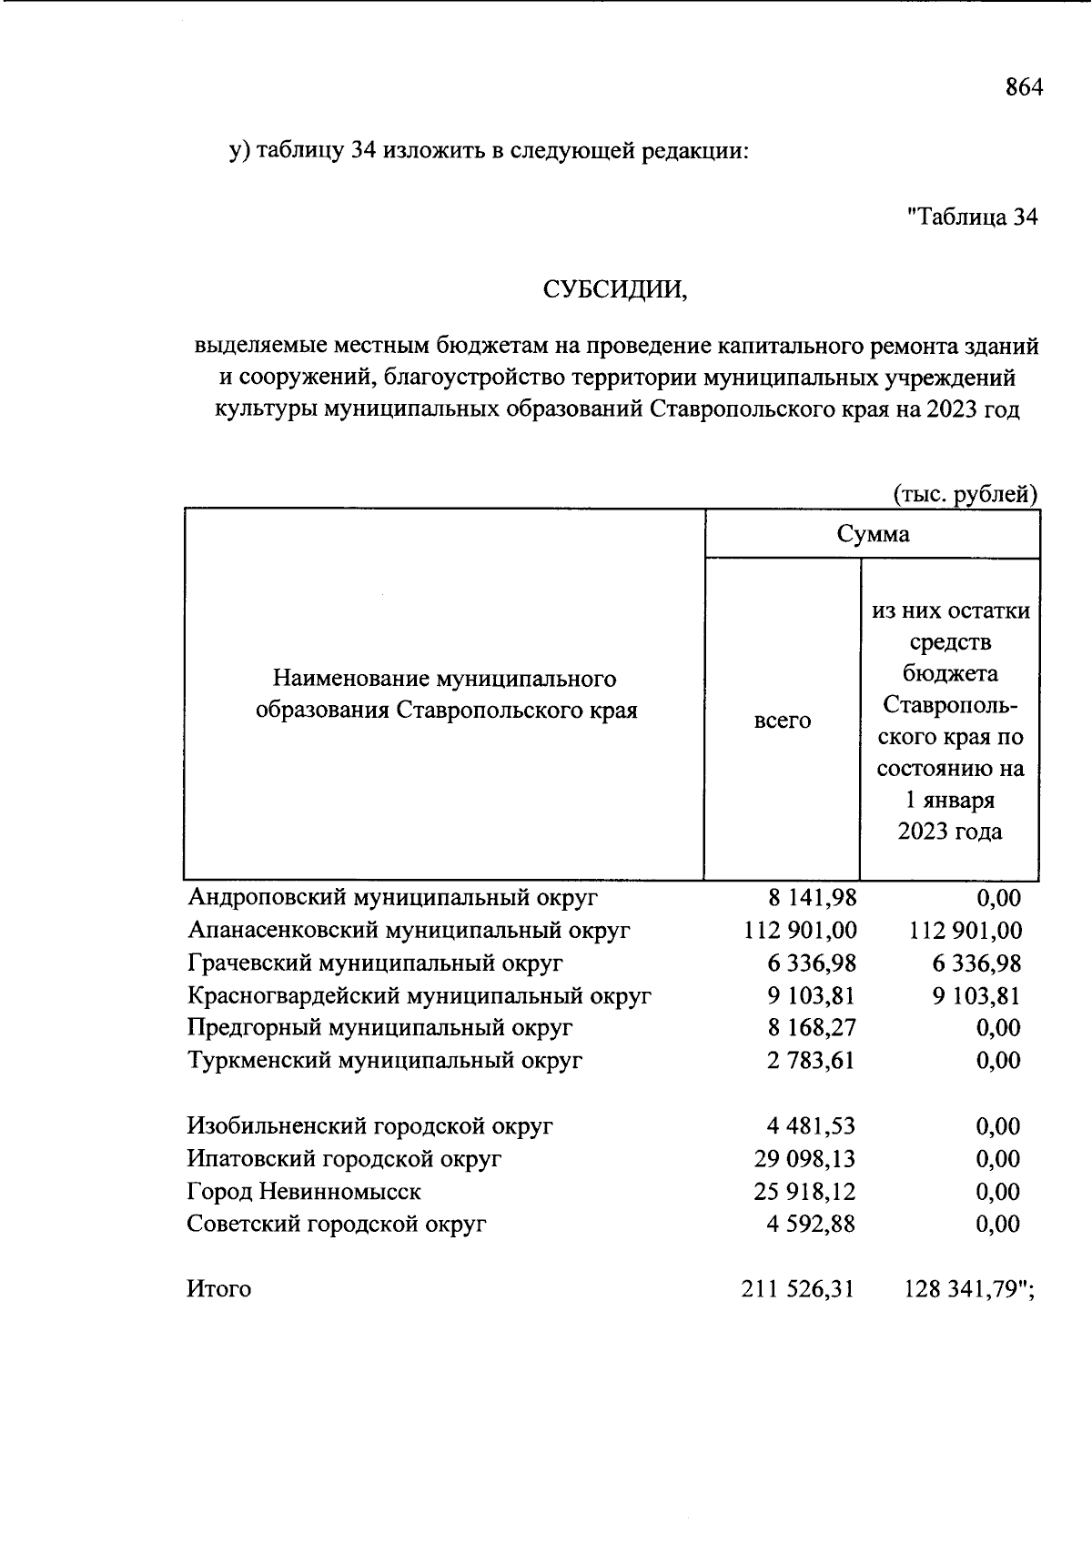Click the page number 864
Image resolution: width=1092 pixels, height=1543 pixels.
click(1023, 87)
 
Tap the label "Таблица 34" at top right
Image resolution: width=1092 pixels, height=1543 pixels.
click(973, 217)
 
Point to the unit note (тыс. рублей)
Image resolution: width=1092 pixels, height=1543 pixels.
click(965, 494)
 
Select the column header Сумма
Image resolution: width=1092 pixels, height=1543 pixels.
click(873, 534)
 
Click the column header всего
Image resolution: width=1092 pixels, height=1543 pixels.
click(782, 721)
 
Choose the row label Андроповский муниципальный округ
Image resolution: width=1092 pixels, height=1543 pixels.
click(393, 898)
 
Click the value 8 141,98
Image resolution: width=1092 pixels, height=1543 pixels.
click(812, 898)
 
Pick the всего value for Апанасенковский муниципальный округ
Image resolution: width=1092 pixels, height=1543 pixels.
click(800, 931)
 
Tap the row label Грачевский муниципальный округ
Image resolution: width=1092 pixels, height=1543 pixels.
click(375, 963)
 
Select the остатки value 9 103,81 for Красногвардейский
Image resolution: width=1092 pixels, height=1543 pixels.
click(976, 995)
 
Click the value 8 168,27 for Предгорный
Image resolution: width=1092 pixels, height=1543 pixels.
click(812, 1028)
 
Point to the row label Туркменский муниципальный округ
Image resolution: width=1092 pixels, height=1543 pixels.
click(385, 1060)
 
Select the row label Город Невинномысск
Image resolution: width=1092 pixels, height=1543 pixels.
click(304, 1191)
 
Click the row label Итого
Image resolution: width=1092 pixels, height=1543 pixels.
click(219, 1289)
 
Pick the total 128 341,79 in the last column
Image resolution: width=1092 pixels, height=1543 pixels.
click(962, 1289)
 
